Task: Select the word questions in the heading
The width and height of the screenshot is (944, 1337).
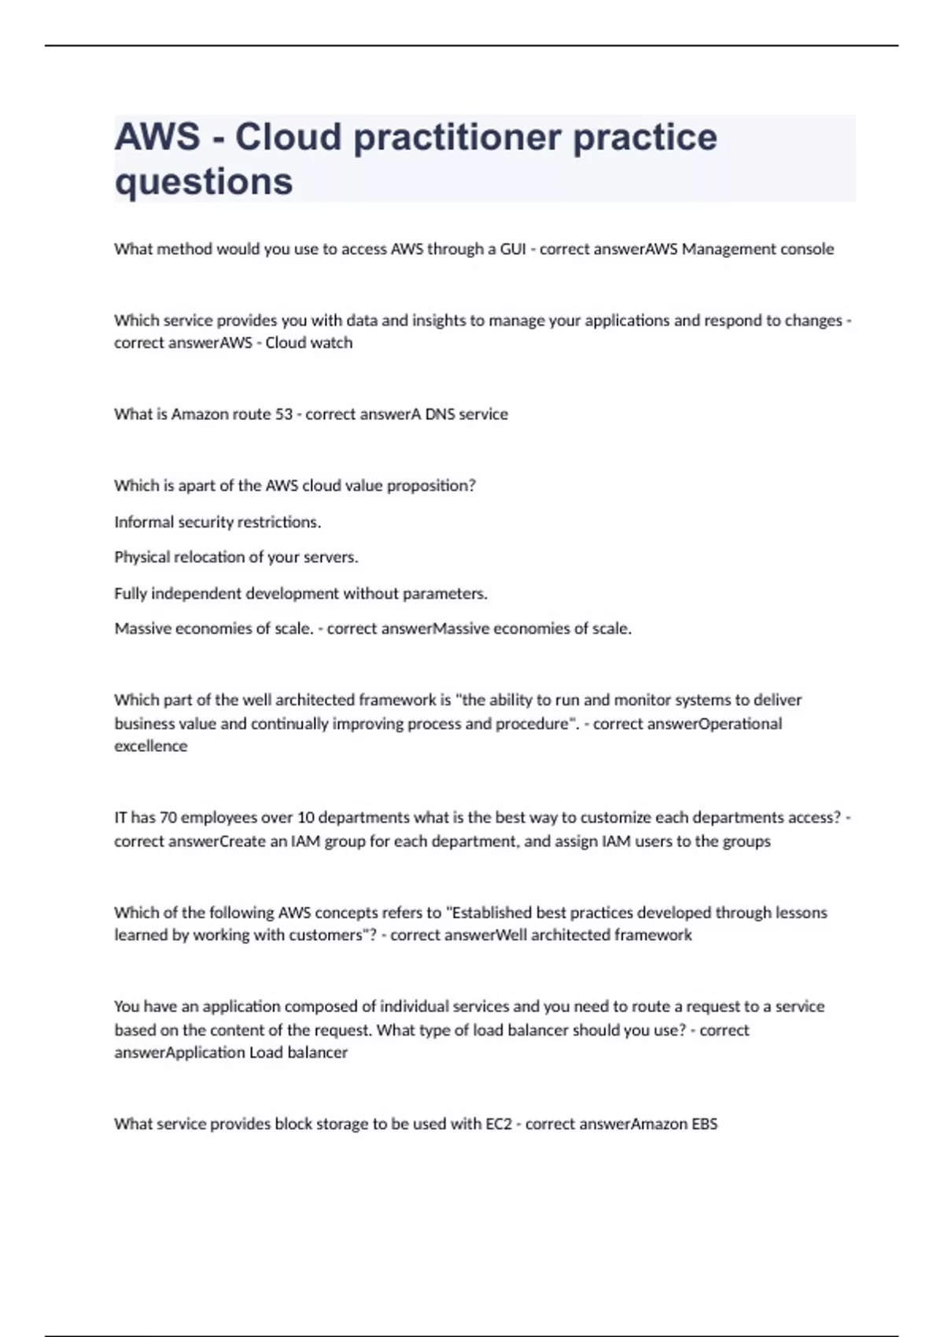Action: (x=204, y=181)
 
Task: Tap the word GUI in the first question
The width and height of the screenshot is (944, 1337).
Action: (x=513, y=249)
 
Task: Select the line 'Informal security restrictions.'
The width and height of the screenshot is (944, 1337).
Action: (x=218, y=522)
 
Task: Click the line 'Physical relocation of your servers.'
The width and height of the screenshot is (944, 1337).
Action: (x=236, y=558)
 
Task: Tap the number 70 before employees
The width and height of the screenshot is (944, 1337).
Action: (x=168, y=818)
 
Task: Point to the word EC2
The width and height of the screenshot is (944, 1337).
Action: (x=499, y=1124)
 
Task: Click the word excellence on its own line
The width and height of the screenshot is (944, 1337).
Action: (x=151, y=746)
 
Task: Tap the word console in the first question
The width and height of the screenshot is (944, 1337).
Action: (x=807, y=249)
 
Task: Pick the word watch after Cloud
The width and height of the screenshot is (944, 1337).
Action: (x=330, y=343)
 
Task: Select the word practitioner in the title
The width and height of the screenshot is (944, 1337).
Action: (x=456, y=137)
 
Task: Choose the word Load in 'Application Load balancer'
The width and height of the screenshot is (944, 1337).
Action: (x=266, y=1053)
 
